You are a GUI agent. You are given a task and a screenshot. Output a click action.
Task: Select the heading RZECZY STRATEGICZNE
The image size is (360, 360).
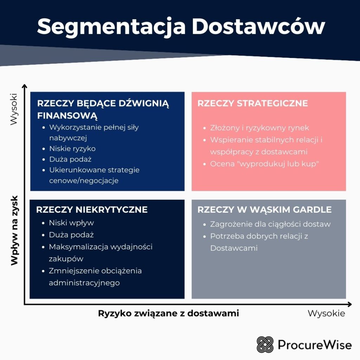pyautogui.click(x=252, y=103)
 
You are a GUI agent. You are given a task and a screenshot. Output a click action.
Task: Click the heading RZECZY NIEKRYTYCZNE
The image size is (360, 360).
pyautogui.click(x=92, y=210)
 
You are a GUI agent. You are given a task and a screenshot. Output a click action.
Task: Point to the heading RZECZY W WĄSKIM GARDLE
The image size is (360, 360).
pyautogui.click(x=264, y=210)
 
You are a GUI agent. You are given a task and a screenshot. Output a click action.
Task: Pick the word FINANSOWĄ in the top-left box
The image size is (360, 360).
pyautogui.click(x=67, y=116)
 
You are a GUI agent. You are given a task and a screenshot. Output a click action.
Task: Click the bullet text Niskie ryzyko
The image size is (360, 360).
pyautogui.click(x=72, y=149)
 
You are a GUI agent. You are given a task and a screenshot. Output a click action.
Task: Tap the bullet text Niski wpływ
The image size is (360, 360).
pyautogui.click(x=71, y=223)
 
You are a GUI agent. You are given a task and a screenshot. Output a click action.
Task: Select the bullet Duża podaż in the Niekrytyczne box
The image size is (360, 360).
pyautogui.click(x=71, y=235)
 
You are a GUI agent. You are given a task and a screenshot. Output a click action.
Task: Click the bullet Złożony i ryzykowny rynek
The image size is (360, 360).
pyautogui.click(x=259, y=128)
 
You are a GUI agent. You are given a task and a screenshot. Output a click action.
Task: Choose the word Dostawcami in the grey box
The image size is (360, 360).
pyautogui.click(x=234, y=248)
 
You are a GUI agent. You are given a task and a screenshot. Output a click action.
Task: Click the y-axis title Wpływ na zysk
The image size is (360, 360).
pyautogui.click(x=14, y=231)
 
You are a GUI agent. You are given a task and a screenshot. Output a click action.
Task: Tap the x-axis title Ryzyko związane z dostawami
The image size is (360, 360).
pyautogui.click(x=168, y=313)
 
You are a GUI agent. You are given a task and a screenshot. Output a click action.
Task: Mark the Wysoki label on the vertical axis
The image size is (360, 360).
pyautogui.click(x=14, y=109)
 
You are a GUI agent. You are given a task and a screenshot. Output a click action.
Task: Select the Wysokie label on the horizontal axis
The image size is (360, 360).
pyautogui.click(x=326, y=313)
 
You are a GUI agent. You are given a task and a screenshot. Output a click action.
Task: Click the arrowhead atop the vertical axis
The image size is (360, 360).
pyautogui.click(x=24, y=86)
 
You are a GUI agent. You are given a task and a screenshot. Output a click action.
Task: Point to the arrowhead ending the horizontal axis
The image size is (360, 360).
pyautogui.click(x=349, y=304)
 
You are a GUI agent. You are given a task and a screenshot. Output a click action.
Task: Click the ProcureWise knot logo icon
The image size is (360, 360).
pyautogui.click(x=265, y=345)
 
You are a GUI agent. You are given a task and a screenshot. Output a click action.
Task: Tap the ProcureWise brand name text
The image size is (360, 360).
pyautogui.click(x=315, y=345)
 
